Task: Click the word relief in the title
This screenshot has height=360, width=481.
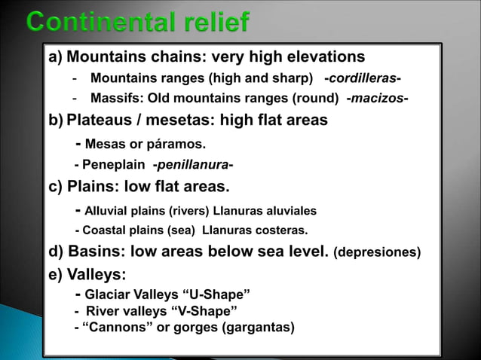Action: (213, 23)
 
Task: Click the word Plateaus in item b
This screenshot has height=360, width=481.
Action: (98, 120)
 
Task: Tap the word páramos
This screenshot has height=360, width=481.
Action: (176, 144)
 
